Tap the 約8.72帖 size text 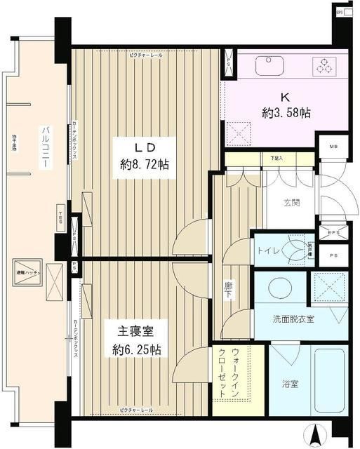click(144, 166)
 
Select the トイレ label click(270, 251)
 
